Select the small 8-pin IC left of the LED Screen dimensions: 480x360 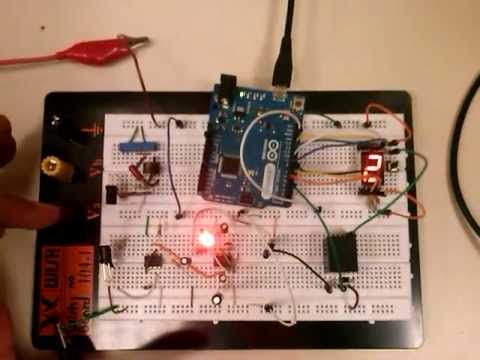tap(154, 261)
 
